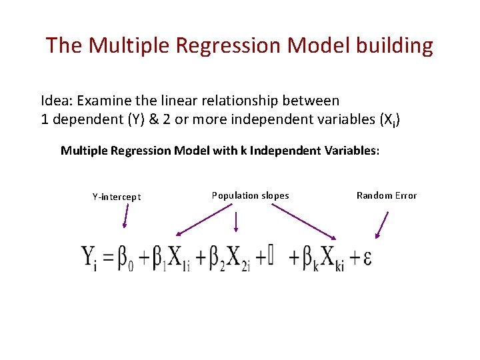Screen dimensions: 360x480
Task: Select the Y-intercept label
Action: (x=117, y=197)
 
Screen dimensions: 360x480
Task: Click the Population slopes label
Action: (x=250, y=195)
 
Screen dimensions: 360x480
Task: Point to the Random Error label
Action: (x=387, y=195)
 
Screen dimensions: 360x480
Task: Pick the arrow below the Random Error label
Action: (x=382, y=225)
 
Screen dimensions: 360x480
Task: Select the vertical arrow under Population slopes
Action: (x=235, y=222)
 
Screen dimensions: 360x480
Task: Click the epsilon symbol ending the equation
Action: (x=367, y=258)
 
